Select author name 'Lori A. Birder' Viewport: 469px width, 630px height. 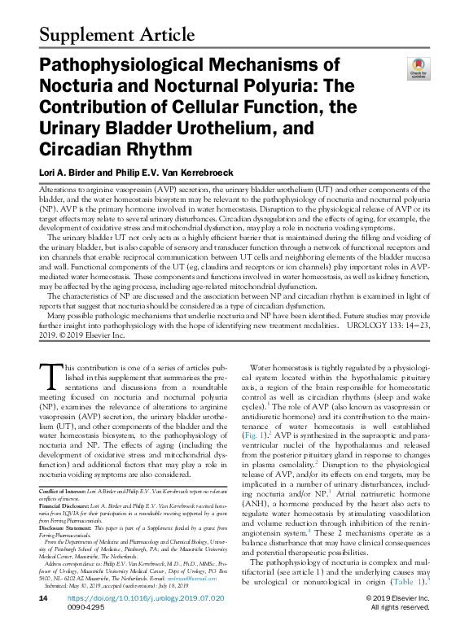tap(68, 172)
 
